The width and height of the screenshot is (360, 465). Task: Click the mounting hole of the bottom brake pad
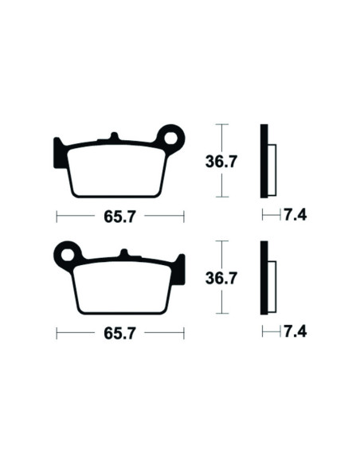(69, 255)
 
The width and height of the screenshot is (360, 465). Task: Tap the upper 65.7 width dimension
(119, 216)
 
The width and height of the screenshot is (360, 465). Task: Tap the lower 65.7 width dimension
(119, 333)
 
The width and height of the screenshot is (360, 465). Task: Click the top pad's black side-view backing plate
(264, 162)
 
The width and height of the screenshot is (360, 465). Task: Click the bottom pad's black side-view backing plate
(264, 279)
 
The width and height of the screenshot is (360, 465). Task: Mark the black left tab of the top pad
(60, 151)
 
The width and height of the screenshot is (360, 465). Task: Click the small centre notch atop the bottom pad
(123, 254)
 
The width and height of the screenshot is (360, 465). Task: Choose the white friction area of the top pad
(115, 170)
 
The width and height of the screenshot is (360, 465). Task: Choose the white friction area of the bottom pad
(123, 287)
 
